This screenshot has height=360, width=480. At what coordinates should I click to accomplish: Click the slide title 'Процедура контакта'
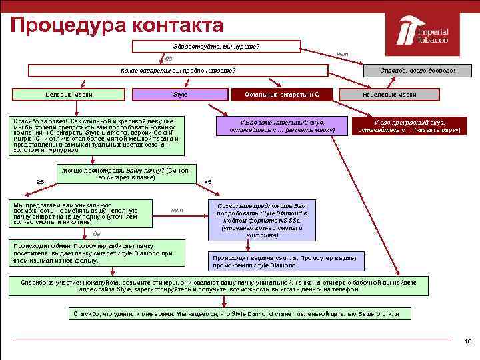117,25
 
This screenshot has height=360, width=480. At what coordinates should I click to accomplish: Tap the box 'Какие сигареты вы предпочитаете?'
179,71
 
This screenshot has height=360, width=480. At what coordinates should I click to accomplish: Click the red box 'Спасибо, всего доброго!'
417,71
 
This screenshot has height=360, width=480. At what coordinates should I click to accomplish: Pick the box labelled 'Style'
180,95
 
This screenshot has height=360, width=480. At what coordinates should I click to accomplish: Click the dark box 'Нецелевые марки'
389,95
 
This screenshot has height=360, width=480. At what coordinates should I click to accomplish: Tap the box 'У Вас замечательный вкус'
282,126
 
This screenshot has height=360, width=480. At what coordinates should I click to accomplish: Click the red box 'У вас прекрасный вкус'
409,126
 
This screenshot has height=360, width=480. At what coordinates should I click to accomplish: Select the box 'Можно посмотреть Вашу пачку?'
127,174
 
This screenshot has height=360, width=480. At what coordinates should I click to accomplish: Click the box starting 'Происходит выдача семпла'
285,261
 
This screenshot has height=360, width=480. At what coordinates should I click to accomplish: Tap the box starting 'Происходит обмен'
93,253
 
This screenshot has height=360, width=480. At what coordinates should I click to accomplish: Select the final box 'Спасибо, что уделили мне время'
241,313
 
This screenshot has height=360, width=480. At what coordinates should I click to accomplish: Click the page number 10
467,341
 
